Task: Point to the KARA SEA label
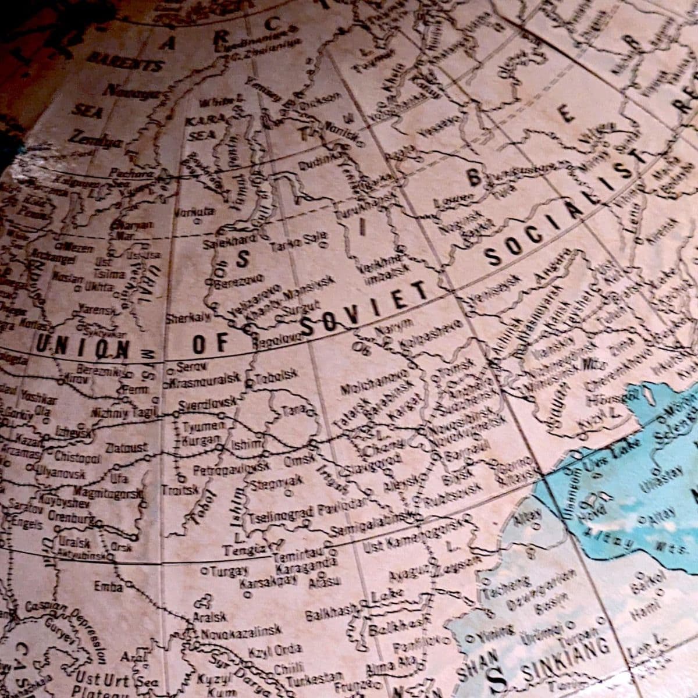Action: coord(201,128)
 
